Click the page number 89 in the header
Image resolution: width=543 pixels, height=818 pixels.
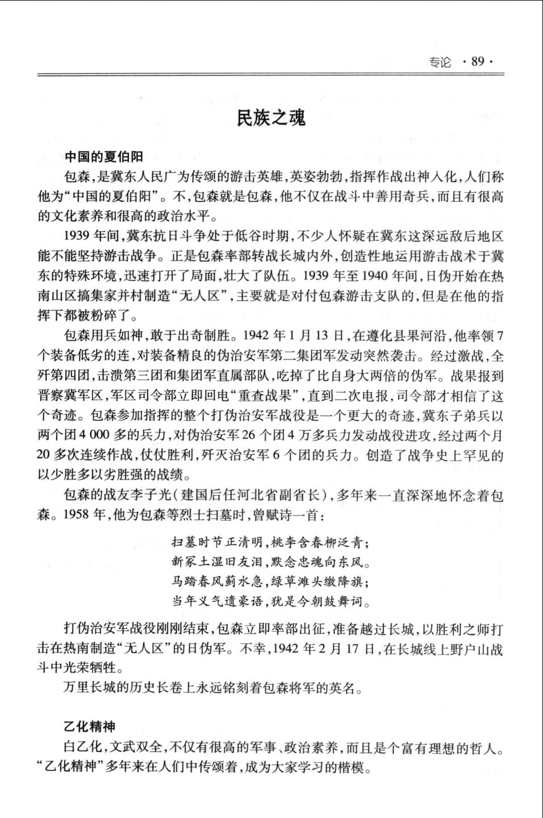click(x=478, y=61)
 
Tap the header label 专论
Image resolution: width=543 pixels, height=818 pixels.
click(x=440, y=62)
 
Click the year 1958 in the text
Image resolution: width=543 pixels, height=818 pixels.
click(x=77, y=516)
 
